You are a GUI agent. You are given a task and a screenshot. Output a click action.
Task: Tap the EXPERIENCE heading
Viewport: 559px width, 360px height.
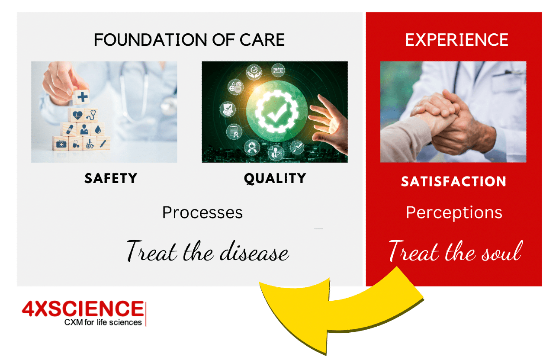[457, 40]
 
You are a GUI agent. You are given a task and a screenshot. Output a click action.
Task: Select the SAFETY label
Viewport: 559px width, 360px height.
[111, 178]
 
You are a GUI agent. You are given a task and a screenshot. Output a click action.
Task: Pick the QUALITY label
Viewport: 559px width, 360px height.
[275, 179]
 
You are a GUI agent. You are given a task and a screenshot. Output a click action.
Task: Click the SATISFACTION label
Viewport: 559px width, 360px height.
[453, 181]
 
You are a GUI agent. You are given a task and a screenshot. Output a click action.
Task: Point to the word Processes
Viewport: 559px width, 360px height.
[202, 213]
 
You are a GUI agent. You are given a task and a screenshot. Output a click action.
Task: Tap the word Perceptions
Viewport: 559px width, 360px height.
[454, 213]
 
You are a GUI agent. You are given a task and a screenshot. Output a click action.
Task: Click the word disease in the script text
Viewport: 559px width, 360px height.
[254, 251]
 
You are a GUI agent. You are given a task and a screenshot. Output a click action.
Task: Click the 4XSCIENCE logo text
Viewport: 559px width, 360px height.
[83, 309]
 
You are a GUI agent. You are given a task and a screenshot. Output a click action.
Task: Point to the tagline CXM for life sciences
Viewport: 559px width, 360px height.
[103, 322]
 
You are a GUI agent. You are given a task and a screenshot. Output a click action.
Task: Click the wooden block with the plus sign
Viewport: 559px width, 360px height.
[81, 97]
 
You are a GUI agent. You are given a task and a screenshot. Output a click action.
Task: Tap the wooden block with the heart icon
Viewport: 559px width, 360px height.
[77, 116]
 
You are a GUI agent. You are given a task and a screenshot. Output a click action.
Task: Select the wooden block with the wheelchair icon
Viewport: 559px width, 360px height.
[90, 143]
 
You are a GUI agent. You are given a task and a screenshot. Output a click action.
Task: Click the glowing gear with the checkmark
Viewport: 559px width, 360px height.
[276, 111]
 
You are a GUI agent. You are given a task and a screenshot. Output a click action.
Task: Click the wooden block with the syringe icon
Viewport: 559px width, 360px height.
[103, 143]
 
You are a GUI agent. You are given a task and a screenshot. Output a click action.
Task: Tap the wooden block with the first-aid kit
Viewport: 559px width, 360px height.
[61, 144]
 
